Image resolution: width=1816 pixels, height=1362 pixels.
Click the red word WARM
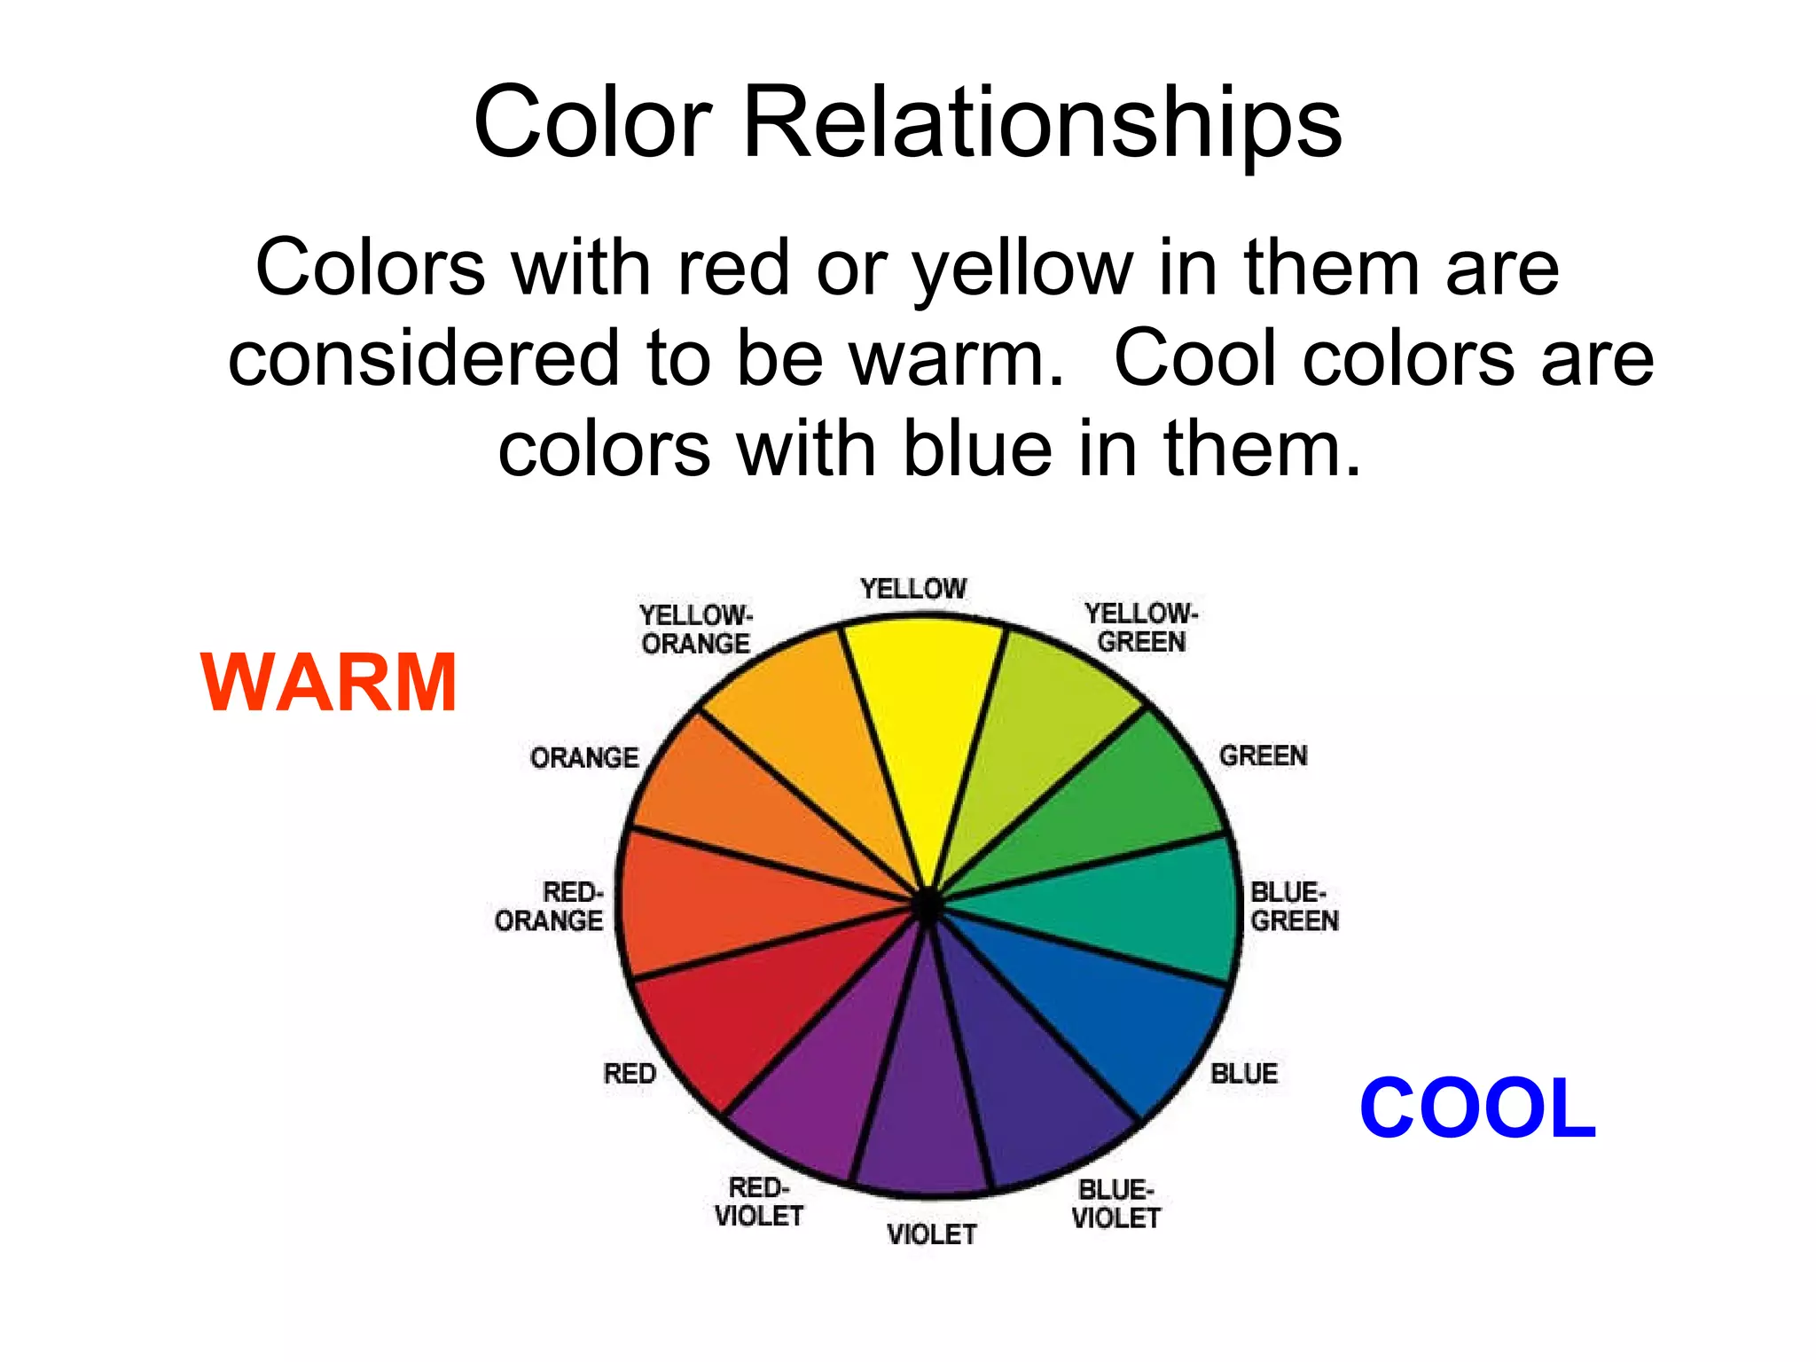click(329, 682)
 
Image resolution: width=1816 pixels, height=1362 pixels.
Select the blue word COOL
click(1477, 1108)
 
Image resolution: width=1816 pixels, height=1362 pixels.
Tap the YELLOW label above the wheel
click(912, 589)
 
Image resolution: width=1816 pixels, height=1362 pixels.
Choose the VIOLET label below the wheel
click(931, 1234)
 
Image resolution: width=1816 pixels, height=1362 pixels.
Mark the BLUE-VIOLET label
click(1115, 1204)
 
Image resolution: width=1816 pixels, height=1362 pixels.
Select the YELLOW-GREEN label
click(1141, 627)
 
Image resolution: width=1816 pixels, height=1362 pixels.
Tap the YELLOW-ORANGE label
click(696, 629)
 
